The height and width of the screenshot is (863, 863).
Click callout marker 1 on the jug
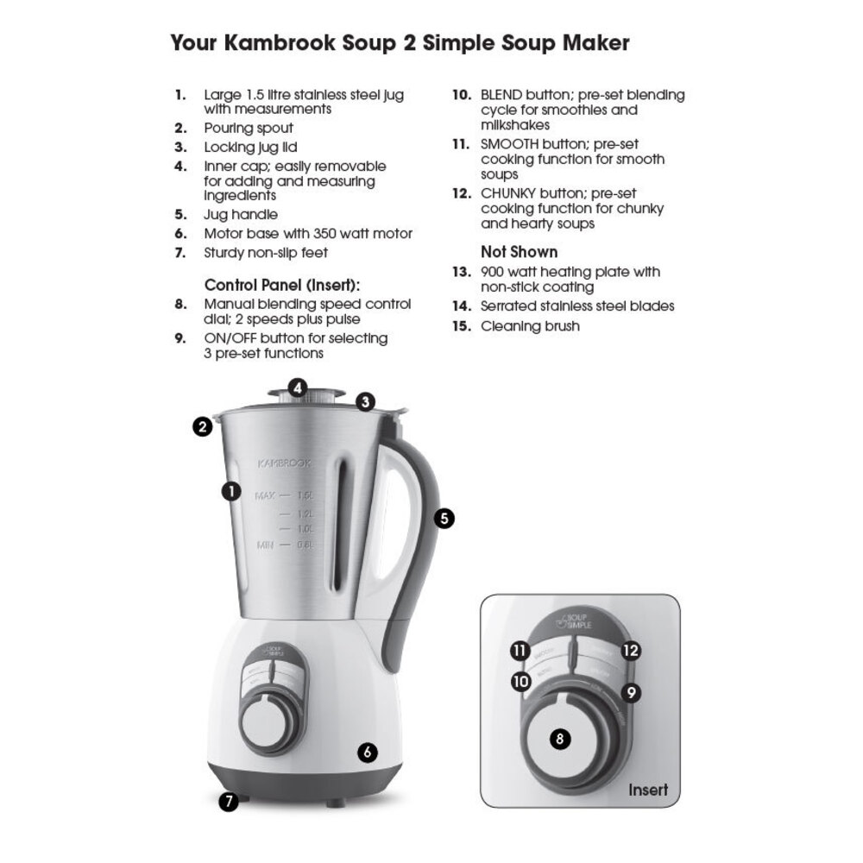pyautogui.click(x=230, y=491)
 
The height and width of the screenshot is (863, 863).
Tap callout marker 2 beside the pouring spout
pyautogui.click(x=203, y=426)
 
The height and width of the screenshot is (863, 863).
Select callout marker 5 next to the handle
pyautogui.click(x=444, y=518)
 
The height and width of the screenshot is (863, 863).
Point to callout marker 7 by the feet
pyautogui.click(x=229, y=801)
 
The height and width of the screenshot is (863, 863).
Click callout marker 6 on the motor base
pyautogui.click(x=368, y=752)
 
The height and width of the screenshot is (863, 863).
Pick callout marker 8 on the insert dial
pyautogui.click(x=560, y=739)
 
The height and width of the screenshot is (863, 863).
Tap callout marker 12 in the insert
pyautogui.click(x=631, y=651)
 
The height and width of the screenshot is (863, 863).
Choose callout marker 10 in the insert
pyautogui.click(x=520, y=681)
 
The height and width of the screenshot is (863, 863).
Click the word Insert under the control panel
pyautogui.click(x=647, y=790)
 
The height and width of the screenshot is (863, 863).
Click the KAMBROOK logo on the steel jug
pyautogui.click(x=285, y=463)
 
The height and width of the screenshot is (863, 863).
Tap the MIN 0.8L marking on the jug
pyautogui.click(x=285, y=545)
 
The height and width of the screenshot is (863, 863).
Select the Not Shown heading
pyautogui.click(x=519, y=252)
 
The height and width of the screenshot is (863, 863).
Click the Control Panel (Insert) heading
pyautogui.click(x=281, y=285)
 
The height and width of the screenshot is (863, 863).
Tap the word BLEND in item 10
pyautogui.click(x=501, y=95)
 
